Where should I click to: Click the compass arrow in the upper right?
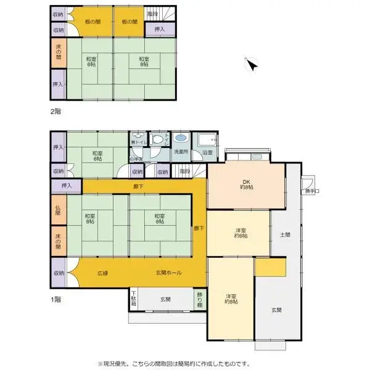click(252, 64)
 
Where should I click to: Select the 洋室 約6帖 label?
click(240, 233)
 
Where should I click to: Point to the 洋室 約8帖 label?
click(231, 299)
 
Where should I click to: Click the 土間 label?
click(285, 234)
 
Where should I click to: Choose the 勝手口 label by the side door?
click(308, 191)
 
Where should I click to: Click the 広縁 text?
click(102, 273)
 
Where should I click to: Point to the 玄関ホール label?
click(168, 273)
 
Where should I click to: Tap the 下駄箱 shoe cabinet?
click(133, 299)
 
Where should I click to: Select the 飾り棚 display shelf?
click(199, 299)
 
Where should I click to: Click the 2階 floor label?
click(56, 112)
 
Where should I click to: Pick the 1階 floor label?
click(56, 300)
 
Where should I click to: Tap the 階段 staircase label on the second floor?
click(152, 13)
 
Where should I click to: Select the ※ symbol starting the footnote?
click(101, 364)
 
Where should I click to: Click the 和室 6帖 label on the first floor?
click(97, 156)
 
